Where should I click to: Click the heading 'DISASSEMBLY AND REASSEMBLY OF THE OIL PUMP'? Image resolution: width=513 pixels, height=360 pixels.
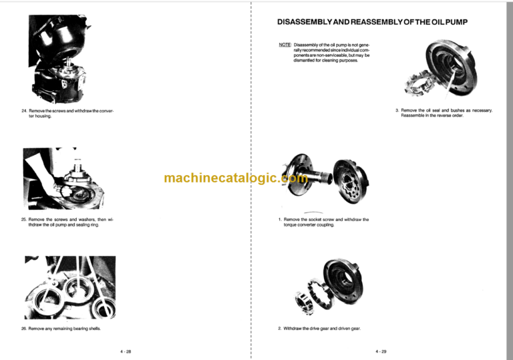tap(372, 22)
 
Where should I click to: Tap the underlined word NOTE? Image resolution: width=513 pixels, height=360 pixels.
tap(285, 46)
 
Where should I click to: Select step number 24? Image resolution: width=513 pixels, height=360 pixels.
tap(24, 110)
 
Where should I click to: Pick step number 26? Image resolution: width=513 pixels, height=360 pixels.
tap(24, 329)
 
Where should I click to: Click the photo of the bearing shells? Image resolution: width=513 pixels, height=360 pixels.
tap(69, 287)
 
